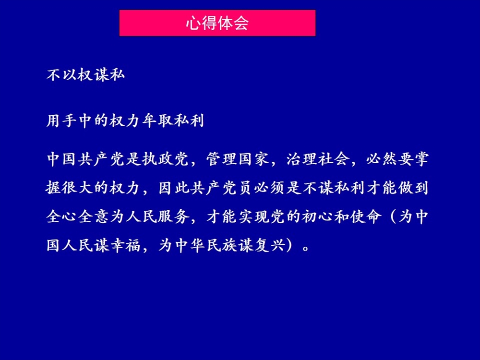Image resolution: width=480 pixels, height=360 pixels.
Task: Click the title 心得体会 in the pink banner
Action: click(217, 23)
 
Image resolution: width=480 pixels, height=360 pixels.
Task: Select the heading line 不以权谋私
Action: click(86, 75)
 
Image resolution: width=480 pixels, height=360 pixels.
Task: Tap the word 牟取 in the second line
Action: click(157, 120)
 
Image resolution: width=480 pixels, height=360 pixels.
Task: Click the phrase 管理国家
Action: click(237, 159)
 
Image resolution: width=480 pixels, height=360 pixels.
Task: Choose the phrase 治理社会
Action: click(318, 159)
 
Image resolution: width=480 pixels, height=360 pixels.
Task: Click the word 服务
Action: click(174, 217)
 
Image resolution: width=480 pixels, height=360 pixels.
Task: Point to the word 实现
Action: click(253, 217)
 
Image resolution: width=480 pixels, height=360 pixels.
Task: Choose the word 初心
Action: click(317, 217)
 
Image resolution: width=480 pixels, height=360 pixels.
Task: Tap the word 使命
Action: click(365, 217)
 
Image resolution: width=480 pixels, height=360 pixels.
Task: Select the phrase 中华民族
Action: click(205, 245)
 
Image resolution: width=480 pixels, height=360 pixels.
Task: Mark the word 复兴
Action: click(269, 245)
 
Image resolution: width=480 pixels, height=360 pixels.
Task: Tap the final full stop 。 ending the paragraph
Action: click(305, 248)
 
